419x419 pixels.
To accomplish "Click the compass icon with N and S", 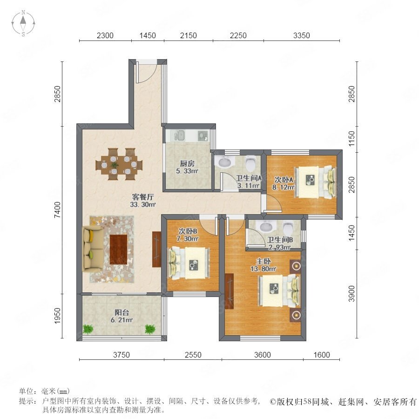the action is pos(23,23).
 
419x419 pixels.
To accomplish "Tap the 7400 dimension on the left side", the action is pos(57,210).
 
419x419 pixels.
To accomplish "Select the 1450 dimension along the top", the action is pos(148,35).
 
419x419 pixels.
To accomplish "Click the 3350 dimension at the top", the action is pos(301,35).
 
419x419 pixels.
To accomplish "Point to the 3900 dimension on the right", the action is pos(351,294).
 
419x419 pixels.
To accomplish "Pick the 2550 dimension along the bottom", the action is pos(193,355).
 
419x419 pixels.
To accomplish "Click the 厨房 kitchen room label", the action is pos(187,163).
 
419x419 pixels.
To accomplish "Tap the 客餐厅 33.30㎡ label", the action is pos(143,201).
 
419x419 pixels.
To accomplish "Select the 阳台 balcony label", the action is pos(122,312).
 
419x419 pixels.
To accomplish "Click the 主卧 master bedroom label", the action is pos(264,261).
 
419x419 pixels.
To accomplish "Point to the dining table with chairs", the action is pos(119,164).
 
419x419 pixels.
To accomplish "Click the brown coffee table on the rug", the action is pos(118,250).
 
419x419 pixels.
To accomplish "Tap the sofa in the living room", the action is pos(93,249).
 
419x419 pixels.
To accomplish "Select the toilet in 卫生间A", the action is pos(250,163).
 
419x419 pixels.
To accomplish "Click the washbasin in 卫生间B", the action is pos(266,227).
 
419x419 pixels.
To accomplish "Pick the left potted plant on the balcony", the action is pos(88,329).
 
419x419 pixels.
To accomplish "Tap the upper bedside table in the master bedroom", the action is pos(296,266).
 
